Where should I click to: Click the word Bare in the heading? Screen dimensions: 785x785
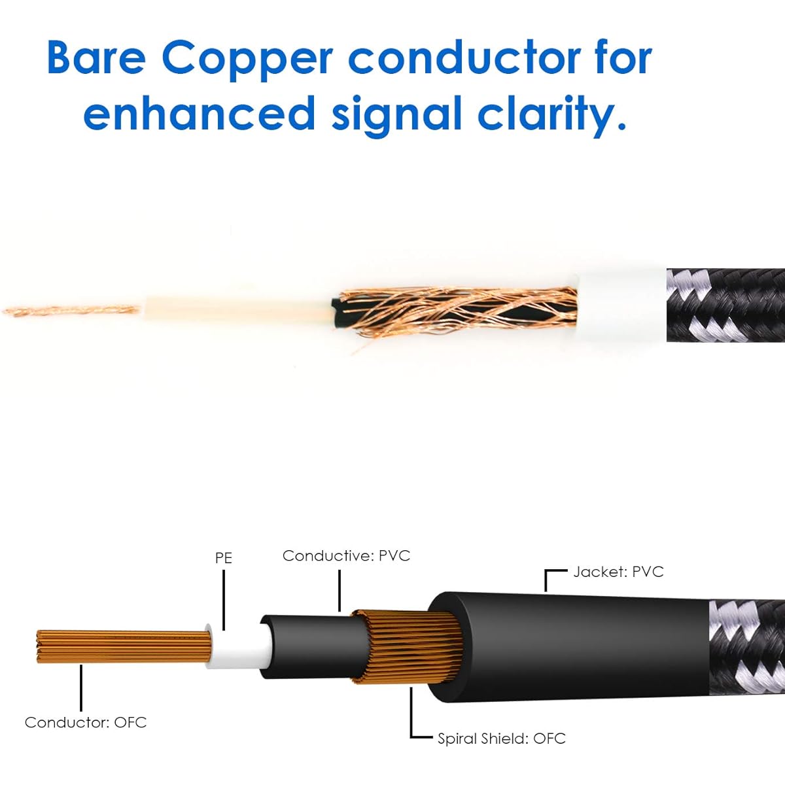point(96,58)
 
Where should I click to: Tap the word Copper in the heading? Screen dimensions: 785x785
point(247,61)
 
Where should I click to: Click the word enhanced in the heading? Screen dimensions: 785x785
point(200,113)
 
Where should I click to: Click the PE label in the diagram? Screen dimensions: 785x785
point(224,558)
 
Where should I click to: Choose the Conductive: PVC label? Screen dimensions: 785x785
point(346,555)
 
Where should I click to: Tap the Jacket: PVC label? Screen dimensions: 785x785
point(618,572)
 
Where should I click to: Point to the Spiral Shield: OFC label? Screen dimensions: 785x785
point(502,739)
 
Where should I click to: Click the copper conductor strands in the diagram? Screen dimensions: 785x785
point(123,646)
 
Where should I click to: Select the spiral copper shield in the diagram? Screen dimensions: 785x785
point(408,647)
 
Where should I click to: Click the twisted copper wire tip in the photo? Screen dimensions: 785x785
point(71,311)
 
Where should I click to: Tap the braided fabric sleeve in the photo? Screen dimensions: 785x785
point(725,305)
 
